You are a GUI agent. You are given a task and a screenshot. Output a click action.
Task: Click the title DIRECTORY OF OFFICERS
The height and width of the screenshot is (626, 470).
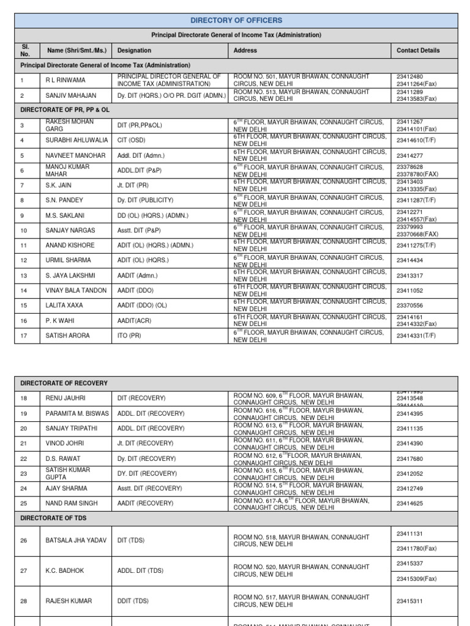[x=236, y=20]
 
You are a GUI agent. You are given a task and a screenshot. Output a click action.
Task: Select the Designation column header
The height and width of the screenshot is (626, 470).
[x=134, y=51]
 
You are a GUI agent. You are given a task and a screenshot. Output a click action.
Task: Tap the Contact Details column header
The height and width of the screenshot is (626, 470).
[x=418, y=51]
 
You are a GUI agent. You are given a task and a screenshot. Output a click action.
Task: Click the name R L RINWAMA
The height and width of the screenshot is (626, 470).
[x=65, y=80]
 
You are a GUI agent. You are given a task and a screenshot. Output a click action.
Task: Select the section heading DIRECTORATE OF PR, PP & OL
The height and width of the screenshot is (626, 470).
[x=65, y=109]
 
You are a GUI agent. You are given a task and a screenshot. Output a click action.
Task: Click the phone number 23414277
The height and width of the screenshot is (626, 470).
[x=410, y=155]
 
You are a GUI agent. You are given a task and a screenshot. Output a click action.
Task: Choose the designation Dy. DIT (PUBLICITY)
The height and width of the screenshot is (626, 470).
[x=145, y=200]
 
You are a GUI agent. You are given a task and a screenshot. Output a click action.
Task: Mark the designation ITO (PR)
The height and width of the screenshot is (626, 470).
[x=129, y=336]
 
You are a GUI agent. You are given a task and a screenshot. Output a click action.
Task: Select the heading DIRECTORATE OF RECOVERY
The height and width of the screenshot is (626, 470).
[x=64, y=383]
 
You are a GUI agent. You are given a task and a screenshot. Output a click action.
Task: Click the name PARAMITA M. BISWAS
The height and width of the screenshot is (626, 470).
[x=77, y=413]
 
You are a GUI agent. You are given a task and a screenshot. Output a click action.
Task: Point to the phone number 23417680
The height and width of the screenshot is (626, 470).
[x=410, y=458]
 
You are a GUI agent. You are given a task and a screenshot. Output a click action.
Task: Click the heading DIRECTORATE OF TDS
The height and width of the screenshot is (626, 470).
[x=54, y=518]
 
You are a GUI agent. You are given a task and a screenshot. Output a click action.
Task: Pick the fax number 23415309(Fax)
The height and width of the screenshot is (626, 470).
[x=417, y=578]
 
